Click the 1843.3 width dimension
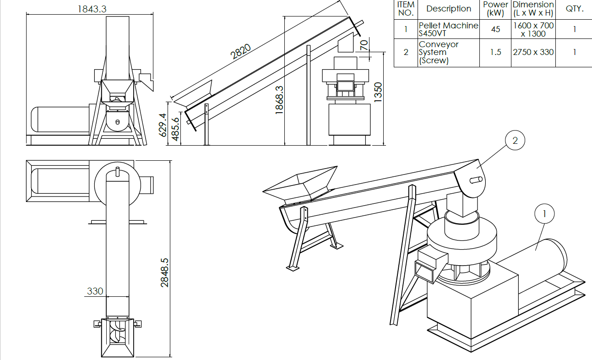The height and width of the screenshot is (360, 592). point(92,9)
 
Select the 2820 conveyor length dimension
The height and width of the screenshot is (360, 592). point(240,52)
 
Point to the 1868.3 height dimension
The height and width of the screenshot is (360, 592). point(279,100)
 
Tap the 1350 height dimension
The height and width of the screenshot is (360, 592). point(378,92)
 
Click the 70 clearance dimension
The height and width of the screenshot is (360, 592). point(364,45)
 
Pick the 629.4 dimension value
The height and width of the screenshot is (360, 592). point(163,125)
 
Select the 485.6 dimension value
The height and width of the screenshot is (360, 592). point(175,129)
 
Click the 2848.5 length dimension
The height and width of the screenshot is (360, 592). point(164,273)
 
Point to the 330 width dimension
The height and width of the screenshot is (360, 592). point(95,291)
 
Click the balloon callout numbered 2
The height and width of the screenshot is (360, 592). point(515,140)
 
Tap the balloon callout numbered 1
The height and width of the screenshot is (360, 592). point(544,213)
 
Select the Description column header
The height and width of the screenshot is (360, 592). point(449,9)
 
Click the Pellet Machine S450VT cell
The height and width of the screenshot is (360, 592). point(449,29)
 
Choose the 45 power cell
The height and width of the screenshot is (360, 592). point(495,29)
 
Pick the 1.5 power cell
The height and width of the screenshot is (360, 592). point(495,52)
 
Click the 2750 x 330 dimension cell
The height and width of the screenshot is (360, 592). point(533,52)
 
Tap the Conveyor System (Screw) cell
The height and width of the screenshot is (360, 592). point(439,52)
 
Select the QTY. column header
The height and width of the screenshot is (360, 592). point(575,9)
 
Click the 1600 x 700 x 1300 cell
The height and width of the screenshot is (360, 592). point(533,30)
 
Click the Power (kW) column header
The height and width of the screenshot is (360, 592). point(495,9)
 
